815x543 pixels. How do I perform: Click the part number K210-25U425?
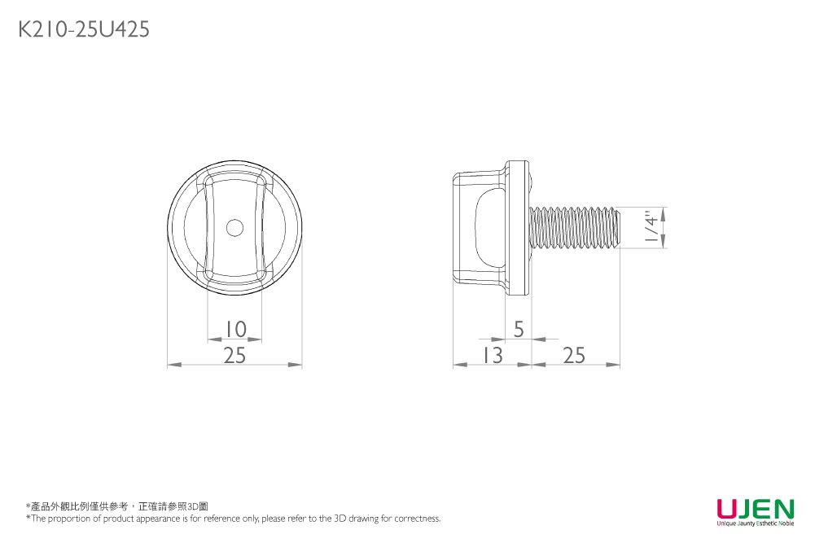83,30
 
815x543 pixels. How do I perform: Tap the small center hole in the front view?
234,228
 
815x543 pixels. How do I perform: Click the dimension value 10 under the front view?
234,329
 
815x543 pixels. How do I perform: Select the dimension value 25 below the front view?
234,355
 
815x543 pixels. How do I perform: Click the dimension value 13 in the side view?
492,355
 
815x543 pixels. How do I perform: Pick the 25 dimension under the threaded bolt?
574,355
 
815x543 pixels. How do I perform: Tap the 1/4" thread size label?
649,228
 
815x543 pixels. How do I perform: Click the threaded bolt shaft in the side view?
574,228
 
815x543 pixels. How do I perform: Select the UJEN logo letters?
755,509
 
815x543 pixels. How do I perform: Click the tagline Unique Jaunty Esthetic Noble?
755,523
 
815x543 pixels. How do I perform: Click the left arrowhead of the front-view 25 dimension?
172,365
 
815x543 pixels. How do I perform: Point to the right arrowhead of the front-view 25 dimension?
297,365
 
